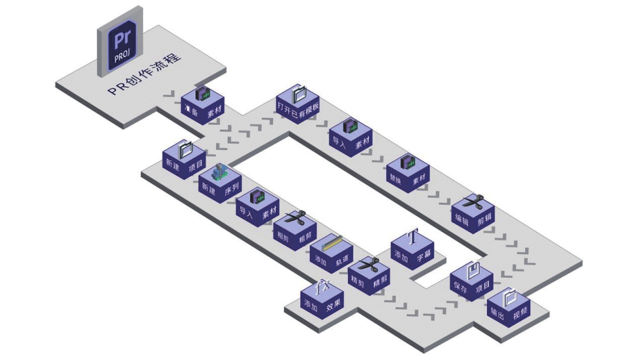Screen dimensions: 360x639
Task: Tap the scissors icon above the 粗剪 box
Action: (x=295, y=218)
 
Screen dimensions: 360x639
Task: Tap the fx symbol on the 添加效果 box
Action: (x=323, y=286)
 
